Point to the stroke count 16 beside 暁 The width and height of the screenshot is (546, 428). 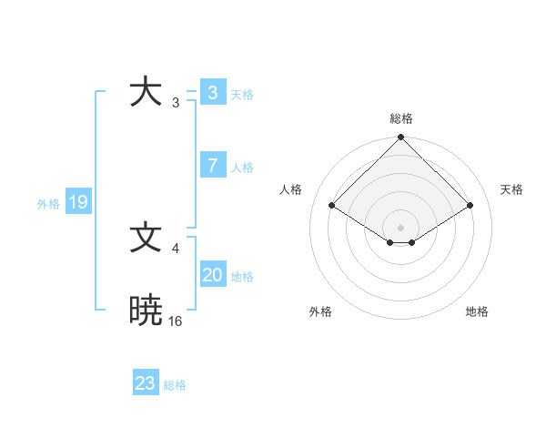(176, 321)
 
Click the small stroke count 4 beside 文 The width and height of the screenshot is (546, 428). (175, 248)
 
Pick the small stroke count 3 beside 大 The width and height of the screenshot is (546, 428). (175, 102)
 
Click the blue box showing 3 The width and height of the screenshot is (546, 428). (212, 93)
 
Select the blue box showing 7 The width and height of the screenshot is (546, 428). (212, 166)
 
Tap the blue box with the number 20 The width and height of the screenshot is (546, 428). (212, 275)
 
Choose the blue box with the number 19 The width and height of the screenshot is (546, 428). (77, 202)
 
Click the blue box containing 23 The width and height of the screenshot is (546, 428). (146, 383)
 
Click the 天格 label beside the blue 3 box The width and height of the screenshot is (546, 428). (242, 94)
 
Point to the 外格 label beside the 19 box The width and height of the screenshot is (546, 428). (48, 204)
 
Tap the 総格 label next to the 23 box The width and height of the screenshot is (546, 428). (176, 385)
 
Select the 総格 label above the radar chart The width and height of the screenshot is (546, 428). (401, 118)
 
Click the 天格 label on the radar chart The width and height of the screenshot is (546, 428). (512, 189)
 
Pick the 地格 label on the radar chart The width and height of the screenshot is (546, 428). (477, 311)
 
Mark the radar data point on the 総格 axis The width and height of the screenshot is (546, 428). (400, 138)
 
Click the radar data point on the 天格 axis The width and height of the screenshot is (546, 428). (470, 205)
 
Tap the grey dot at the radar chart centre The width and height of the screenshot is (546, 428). (400, 227)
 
